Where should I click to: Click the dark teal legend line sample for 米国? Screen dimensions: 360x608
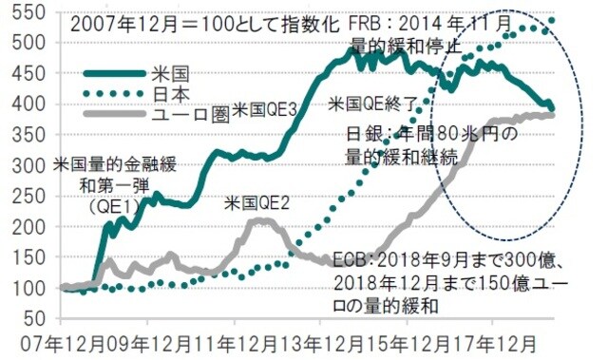tap(114, 73)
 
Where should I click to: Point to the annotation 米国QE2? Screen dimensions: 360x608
tap(258, 203)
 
